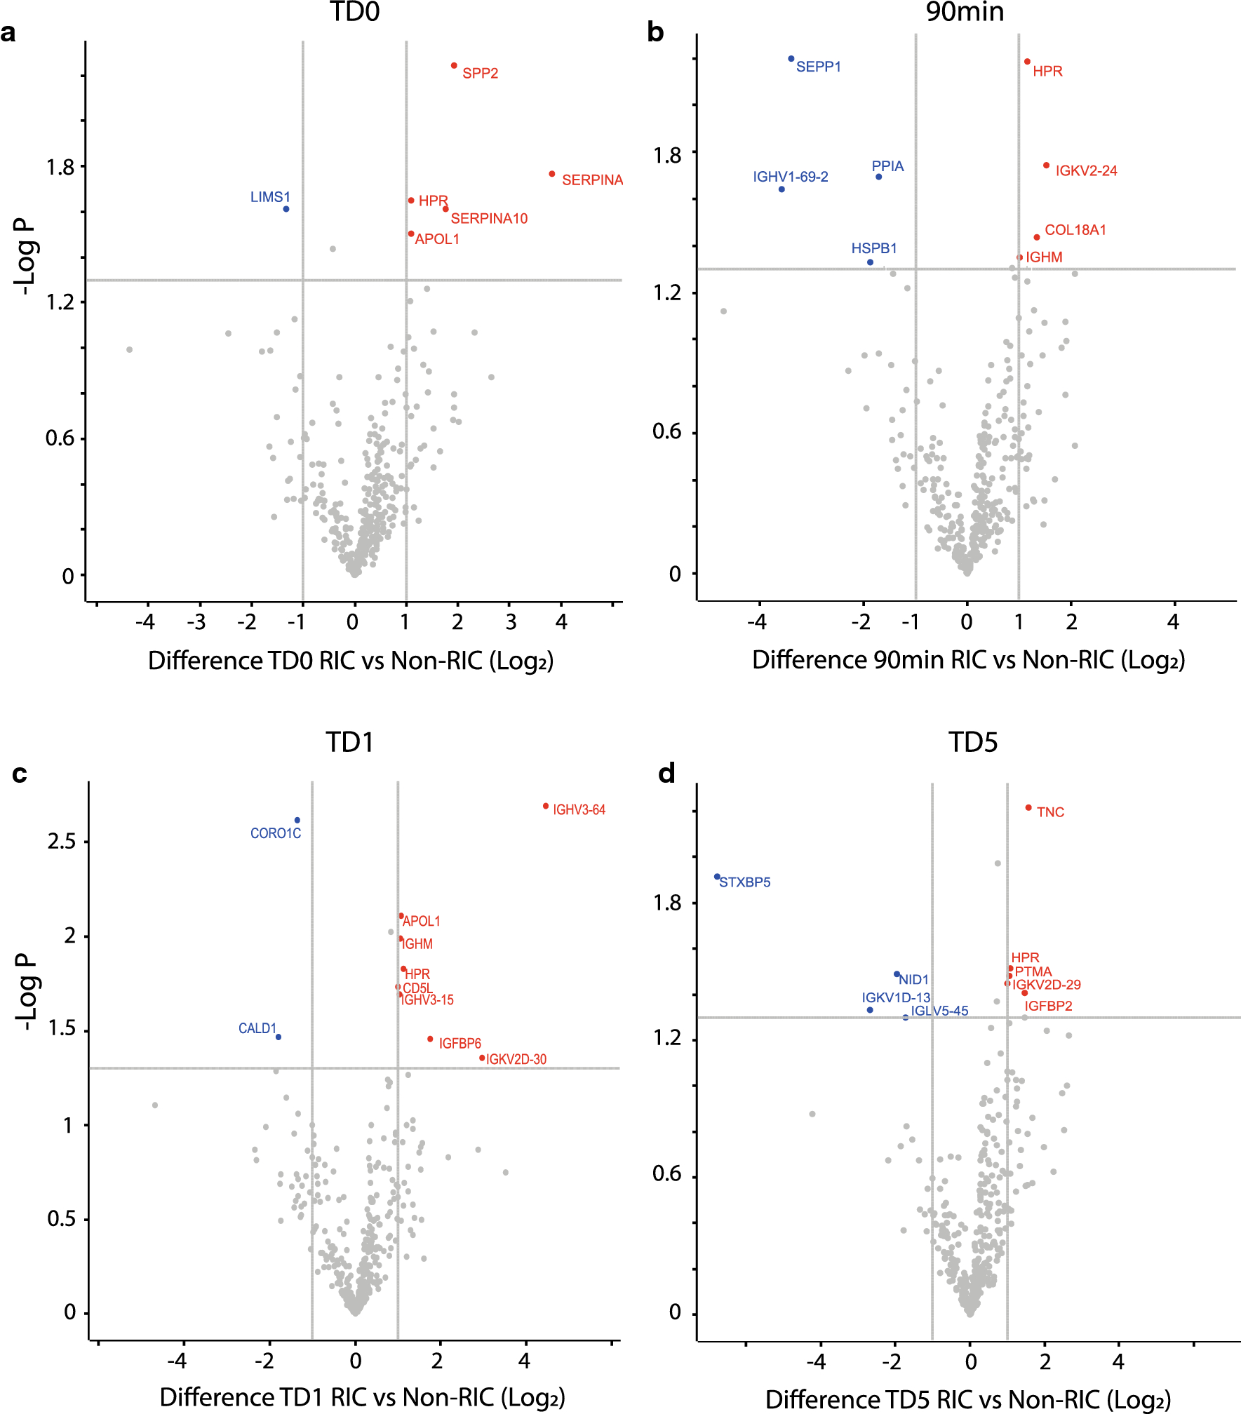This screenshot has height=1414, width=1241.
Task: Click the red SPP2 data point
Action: click(x=454, y=66)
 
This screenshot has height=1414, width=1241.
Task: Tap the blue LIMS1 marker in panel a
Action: click(x=286, y=209)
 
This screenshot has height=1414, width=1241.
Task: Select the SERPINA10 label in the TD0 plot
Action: click(x=489, y=219)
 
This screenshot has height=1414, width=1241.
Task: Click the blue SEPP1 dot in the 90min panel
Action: click(x=791, y=59)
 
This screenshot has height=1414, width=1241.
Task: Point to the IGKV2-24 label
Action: click(x=1086, y=171)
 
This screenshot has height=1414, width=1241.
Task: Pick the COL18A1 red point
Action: click(x=1037, y=237)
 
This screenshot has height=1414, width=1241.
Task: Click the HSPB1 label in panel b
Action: click(x=874, y=248)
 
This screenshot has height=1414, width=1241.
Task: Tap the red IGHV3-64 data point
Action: click(x=546, y=806)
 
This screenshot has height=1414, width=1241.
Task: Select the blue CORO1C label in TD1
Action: click(x=276, y=833)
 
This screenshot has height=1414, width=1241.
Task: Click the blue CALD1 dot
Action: click(x=279, y=1037)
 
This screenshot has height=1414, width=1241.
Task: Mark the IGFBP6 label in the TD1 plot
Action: click(x=460, y=1044)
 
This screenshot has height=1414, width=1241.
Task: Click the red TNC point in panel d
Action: click(x=1028, y=807)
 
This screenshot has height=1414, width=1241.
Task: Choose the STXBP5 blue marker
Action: click(x=717, y=877)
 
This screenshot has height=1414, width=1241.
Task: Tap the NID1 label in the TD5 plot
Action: click(x=914, y=980)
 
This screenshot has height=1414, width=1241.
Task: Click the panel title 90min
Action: click(x=965, y=13)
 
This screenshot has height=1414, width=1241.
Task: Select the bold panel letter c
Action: click(x=20, y=774)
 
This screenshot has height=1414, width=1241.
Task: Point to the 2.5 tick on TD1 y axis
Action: click(x=62, y=842)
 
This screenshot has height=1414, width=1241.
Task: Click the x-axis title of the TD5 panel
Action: click(x=968, y=1399)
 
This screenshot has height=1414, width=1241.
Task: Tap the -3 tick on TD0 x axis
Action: click(x=196, y=622)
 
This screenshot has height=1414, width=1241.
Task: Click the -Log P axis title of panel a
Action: click(x=26, y=256)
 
